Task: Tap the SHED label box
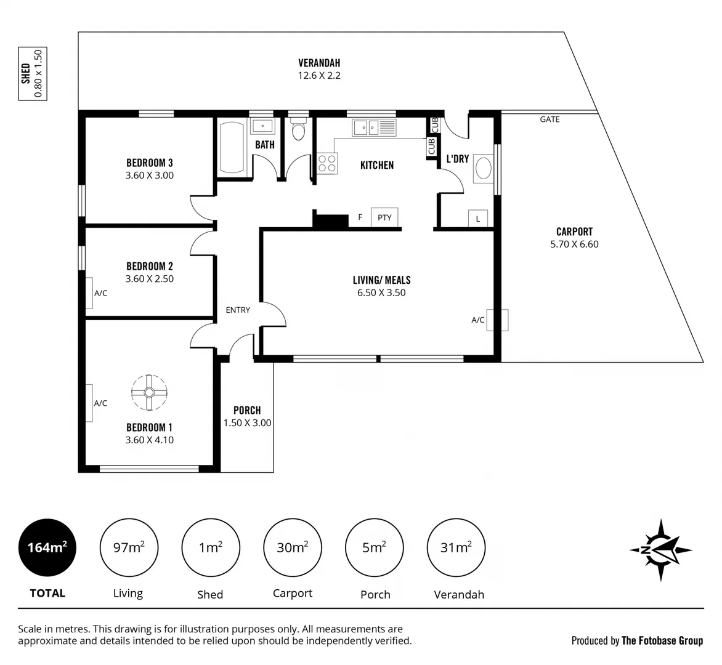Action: pos(32,74)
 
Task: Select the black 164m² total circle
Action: pos(47,547)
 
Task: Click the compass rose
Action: pos(660,550)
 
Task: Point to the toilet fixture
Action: pos(299,131)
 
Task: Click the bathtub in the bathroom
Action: pos(232,148)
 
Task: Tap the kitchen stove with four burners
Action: pos(327,163)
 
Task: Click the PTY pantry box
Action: pos(384,217)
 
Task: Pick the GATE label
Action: pos(550,119)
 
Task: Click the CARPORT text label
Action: pos(574,232)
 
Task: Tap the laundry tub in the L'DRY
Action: pos(484,169)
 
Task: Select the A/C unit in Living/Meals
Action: pos(498,320)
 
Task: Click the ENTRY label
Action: pos(238,310)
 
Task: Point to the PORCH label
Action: pos(247,410)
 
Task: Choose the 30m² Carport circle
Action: pos(292,547)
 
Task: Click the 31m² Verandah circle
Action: pos(456,547)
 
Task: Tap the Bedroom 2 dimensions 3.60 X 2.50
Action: pos(150,279)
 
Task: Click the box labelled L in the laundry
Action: pos(478,218)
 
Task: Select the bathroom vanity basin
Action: pos(262,126)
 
